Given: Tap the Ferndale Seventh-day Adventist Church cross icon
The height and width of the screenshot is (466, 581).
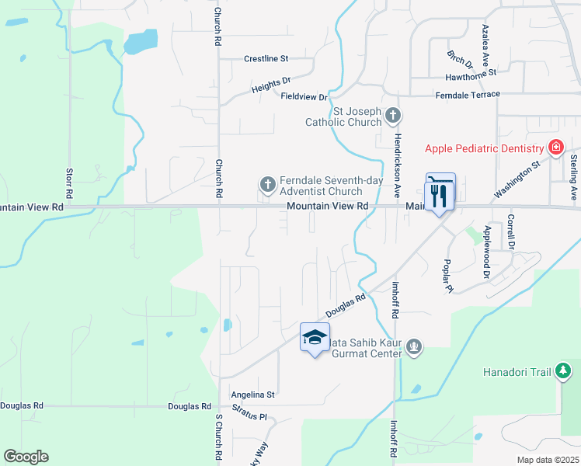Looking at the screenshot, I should [267, 185].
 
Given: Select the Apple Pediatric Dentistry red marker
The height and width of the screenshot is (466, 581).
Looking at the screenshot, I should [555, 148].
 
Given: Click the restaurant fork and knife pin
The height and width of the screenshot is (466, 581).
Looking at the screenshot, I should [440, 193].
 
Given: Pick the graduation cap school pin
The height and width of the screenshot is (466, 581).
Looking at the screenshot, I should [315, 338].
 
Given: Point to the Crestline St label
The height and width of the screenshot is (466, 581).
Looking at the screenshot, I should [266, 58].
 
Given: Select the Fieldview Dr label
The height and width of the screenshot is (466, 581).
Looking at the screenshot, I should [304, 96].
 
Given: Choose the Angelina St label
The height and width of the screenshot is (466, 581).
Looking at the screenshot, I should [253, 395].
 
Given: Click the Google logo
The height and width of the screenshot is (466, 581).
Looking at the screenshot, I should [26, 457].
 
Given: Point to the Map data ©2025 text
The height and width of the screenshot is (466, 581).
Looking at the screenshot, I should [546, 460].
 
